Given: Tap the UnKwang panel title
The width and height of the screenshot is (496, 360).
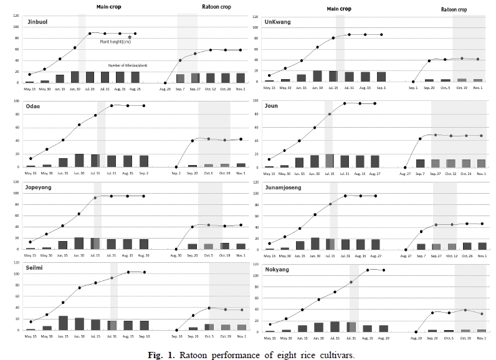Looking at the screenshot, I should coord(279,21).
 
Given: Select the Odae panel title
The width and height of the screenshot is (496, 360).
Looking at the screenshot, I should coord(34,106).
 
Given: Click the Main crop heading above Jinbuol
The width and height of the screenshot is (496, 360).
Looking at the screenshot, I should coord(109,6).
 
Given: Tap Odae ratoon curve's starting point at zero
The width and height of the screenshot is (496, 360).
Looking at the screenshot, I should coord(176,167).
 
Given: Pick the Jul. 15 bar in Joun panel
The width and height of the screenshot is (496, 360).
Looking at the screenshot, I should coord(330,161).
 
